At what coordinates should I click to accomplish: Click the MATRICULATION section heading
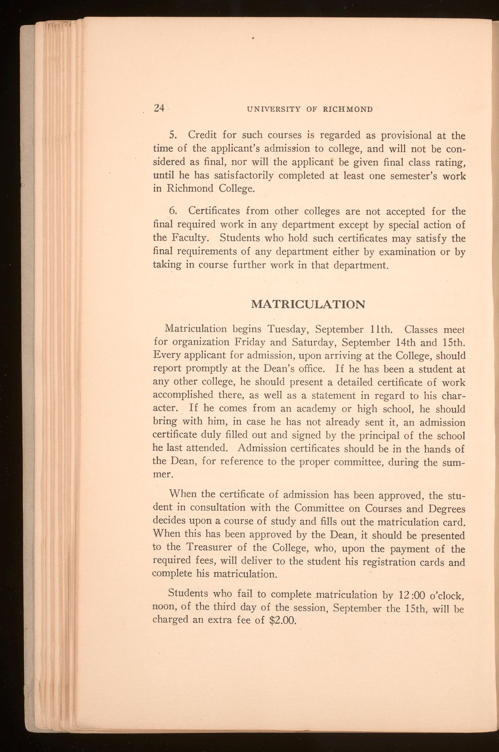tap(308, 305)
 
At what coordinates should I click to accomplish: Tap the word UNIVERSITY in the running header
tap(273, 109)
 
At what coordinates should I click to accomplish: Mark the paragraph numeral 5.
tap(172, 135)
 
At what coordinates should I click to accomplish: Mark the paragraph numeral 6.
tap(173, 211)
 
